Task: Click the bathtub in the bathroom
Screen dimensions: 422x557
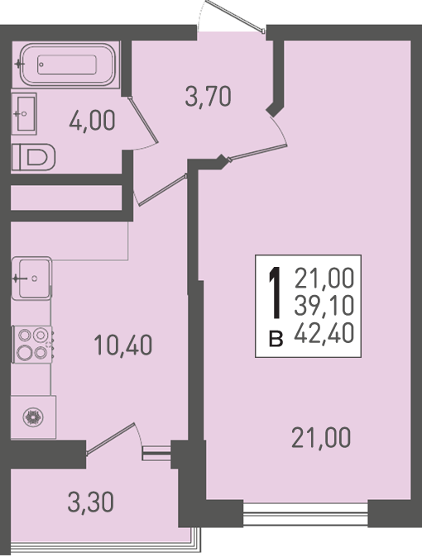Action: tap(66, 64)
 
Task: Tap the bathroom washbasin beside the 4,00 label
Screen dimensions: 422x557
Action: tap(24, 114)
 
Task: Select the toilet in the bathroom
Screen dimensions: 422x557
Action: tap(33, 157)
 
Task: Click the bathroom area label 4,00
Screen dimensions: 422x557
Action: tap(92, 121)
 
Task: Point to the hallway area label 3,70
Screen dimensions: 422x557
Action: tap(209, 97)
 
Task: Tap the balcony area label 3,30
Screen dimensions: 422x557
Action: tap(91, 502)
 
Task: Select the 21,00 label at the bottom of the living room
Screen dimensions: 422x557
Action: tap(321, 438)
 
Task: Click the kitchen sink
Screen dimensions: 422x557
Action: tap(31, 278)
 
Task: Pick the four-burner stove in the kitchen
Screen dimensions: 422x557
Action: tap(32, 344)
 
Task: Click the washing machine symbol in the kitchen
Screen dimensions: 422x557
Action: tap(33, 417)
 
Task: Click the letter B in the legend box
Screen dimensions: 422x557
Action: tap(276, 339)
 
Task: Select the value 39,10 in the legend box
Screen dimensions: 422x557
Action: tap(324, 306)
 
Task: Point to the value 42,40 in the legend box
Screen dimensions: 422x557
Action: tap(324, 334)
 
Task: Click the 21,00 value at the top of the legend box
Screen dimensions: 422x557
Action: tap(324, 278)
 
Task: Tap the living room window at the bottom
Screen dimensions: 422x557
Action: tap(305, 514)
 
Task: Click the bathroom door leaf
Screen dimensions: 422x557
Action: tap(143, 119)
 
